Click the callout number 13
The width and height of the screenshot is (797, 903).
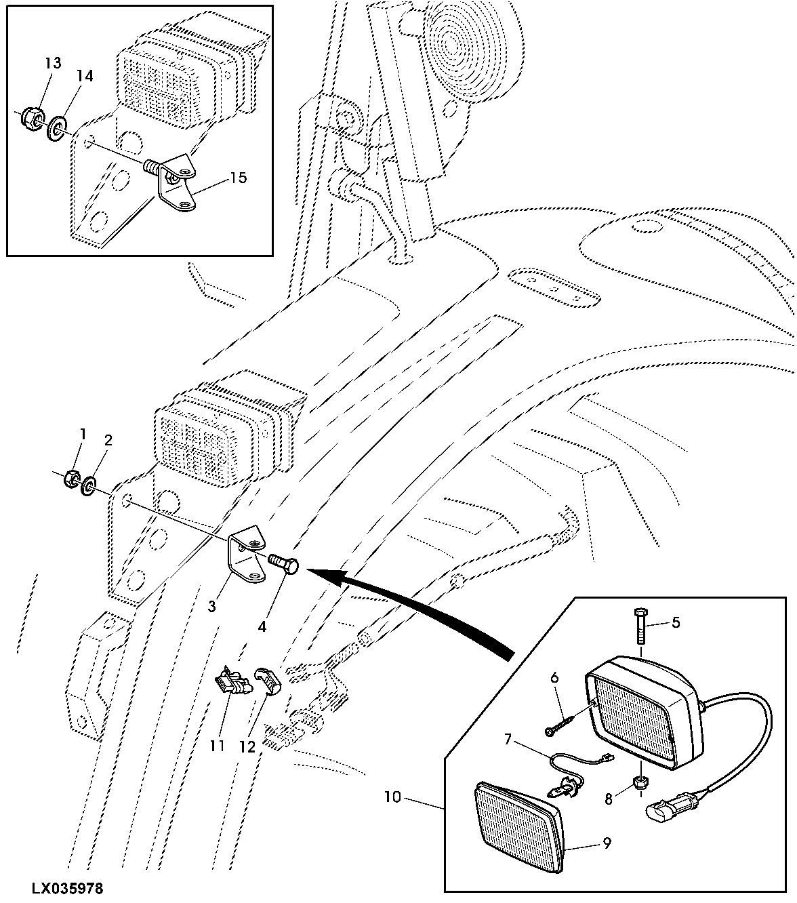coord(53,63)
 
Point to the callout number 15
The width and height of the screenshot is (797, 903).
coord(239,178)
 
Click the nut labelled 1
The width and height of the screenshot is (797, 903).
coord(71,479)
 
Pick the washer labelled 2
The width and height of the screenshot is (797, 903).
coord(89,487)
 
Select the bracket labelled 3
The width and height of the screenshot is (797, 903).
coord(246,555)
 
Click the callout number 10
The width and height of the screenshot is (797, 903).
coord(392,797)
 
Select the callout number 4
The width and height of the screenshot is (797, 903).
coord(262,626)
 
